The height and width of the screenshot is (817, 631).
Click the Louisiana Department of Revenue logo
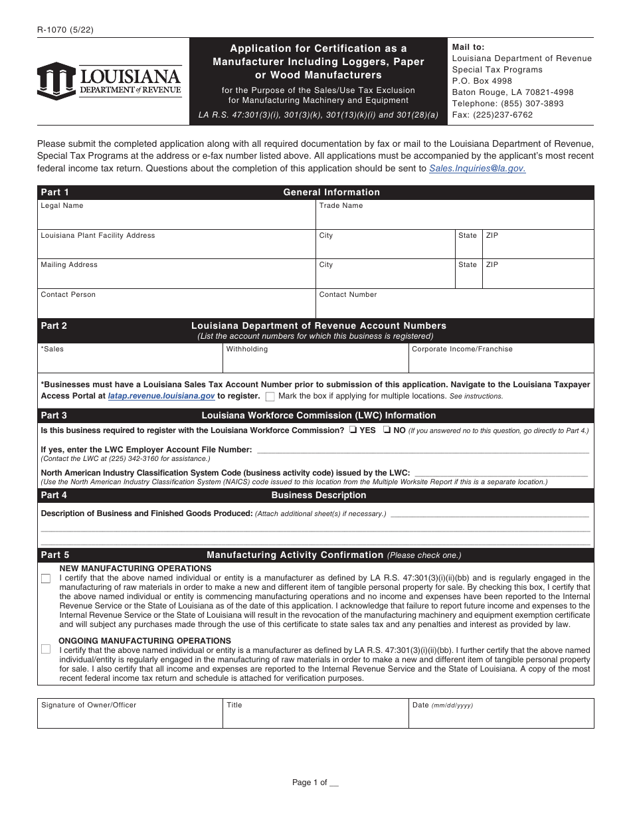(x=110, y=80)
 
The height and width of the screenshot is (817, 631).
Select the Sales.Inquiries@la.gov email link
(x=477, y=169)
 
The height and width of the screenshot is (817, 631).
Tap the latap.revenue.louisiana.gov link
(x=161, y=396)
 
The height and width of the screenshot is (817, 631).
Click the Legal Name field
(x=176, y=218)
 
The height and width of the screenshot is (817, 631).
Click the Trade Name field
(x=454, y=218)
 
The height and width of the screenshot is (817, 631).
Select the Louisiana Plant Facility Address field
(x=176, y=248)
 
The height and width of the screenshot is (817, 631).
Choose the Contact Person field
(x=176, y=307)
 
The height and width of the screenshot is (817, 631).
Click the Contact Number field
(x=454, y=307)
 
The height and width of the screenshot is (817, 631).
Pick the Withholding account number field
(x=315, y=361)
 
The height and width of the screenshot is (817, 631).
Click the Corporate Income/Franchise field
(x=501, y=361)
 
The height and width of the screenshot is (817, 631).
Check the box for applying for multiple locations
(x=270, y=397)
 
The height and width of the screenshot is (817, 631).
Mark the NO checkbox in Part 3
(x=385, y=430)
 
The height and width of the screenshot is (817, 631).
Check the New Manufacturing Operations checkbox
(x=46, y=579)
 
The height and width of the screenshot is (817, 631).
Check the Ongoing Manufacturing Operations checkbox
(x=46, y=649)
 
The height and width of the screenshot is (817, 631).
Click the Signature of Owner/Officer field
(x=130, y=717)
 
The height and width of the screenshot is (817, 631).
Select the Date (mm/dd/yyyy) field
(x=501, y=717)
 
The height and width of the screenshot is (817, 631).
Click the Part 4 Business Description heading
(x=318, y=496)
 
